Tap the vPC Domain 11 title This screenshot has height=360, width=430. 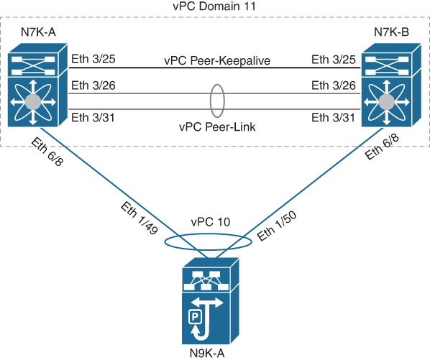point(214,6)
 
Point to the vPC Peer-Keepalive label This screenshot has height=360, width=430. point(215,61)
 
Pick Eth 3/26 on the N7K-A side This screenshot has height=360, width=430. point(90,85)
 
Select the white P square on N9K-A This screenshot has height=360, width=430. point(193,315)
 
